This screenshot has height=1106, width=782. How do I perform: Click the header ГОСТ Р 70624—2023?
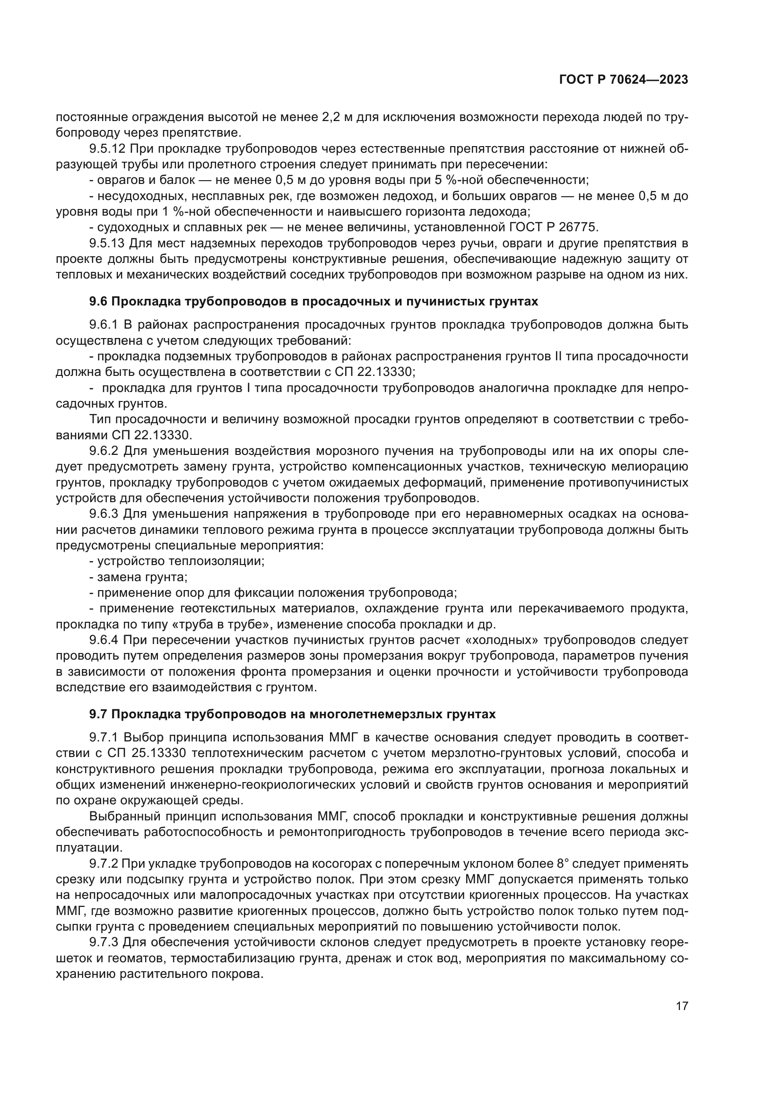pos(624,80)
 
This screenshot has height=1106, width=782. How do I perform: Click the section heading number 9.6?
pos(99,302)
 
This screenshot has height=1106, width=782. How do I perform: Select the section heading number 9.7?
pos(99,714)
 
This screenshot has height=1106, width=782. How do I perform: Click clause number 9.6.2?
pos(104,452)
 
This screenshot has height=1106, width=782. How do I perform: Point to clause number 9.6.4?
pos(104,640)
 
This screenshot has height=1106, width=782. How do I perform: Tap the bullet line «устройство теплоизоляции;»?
pos(177,561)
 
